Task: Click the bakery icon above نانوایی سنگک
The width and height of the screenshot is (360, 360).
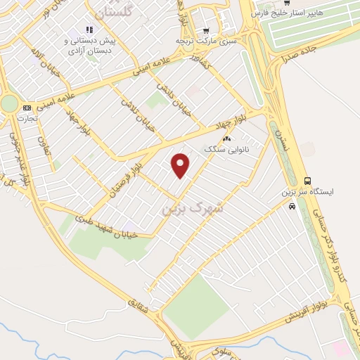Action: click(226, 139)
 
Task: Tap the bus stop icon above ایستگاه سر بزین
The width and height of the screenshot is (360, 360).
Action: click(307, 180)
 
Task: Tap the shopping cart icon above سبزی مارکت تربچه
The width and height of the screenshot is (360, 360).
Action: click(205, 30)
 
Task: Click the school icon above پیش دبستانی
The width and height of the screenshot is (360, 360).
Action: click(89, 30)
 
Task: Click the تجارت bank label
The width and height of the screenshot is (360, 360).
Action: click(26, 117)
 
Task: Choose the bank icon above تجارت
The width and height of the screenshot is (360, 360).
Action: click(27, 108)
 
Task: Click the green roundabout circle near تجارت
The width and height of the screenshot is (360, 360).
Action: click(8, 104)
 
